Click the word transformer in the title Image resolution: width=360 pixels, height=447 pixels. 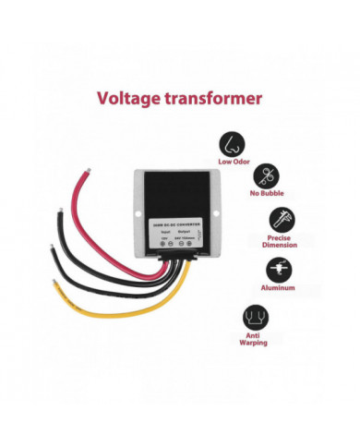pos(215,97)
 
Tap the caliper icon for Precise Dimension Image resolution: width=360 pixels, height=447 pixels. pos(280,220)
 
